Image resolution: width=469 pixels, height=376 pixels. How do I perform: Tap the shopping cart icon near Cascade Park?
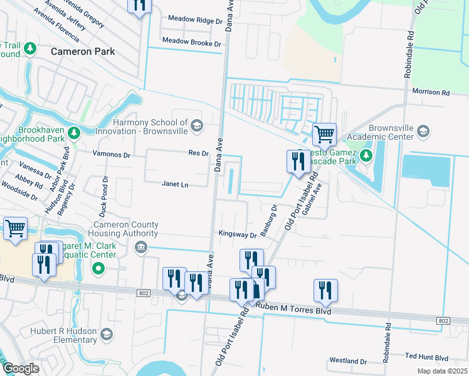coord(324,133)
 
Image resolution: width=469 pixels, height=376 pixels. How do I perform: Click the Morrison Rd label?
coord(431,92)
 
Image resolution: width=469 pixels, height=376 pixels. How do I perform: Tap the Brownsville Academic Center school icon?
coord(423,132)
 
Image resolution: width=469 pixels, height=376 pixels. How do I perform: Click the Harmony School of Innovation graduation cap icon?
coord(197,127)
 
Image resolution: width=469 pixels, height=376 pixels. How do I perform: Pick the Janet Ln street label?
coord(175,184)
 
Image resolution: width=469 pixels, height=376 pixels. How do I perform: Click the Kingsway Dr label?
coord(238,234)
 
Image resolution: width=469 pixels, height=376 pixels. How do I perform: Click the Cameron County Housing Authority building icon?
coord(141,249)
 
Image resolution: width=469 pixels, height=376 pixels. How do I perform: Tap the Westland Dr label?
coord(347,361)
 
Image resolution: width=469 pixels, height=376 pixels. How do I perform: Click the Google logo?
coord(21,368)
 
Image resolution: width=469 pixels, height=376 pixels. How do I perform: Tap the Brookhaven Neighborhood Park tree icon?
coord(74,133)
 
